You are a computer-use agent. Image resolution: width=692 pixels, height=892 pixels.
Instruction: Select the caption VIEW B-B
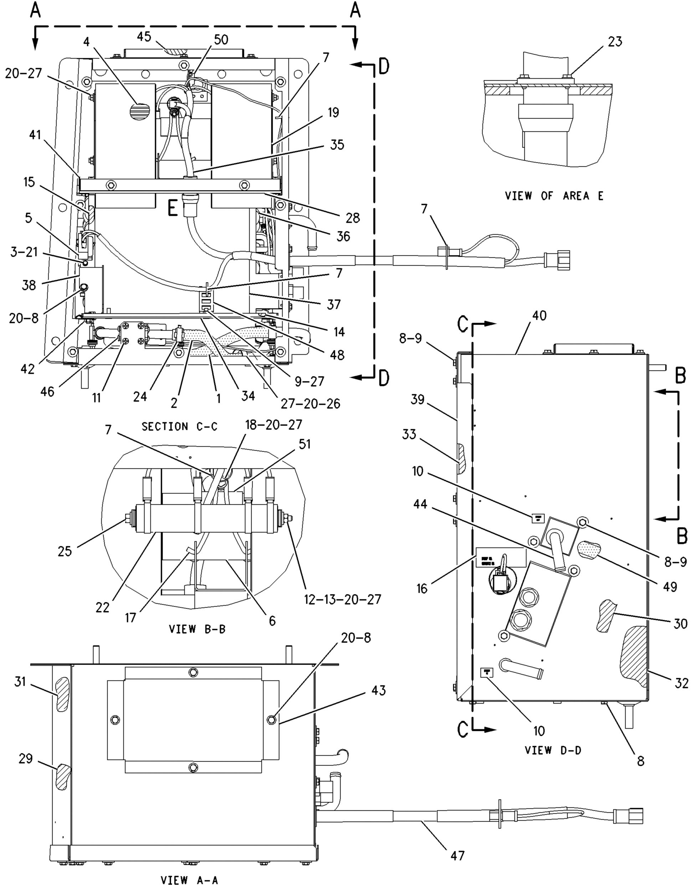(197, 629)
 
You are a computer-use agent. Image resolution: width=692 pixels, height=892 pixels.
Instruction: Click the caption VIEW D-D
(553, 750)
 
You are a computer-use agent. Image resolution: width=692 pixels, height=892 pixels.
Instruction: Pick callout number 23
(615, 41)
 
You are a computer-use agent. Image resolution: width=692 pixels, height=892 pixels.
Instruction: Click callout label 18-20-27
(273, 424)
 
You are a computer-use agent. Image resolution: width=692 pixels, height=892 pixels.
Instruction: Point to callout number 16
(422, 588)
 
